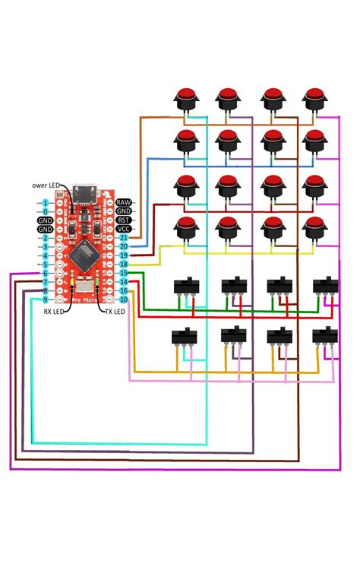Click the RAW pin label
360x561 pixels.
tap(123, 202)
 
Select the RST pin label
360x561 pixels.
tap(123, 220)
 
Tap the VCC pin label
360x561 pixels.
tap(123, 229)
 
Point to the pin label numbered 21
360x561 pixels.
tap(123, 238)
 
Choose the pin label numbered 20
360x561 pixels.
tap(123, 247)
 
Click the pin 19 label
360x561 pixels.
tap(123, 255)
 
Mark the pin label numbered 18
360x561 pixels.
tap(123, 265)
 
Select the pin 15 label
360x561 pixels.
tap(123, 273)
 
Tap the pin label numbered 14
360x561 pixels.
tap(123, 282)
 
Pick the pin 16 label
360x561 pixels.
tap(123, 290)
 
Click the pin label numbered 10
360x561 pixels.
tap(123, 300)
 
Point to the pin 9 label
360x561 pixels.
tap(46, 300)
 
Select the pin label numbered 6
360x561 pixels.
tap(46, 273)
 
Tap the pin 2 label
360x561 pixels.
tap(46, 238)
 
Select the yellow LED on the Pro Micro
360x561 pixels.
tap(72, 284)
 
